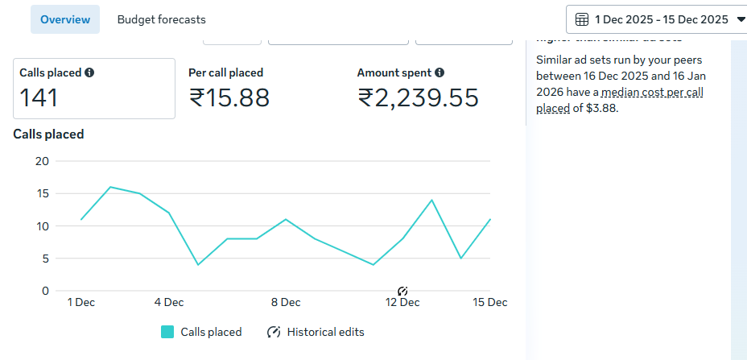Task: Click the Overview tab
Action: pos(65,19)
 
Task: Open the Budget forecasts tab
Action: pos(161,19)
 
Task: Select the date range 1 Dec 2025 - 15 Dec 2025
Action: pos(661,19)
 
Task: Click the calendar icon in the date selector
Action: pos(582,19)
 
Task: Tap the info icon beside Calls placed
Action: pos(89,72)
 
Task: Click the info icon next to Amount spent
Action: pos(440,72)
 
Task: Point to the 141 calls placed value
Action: pos(39,97)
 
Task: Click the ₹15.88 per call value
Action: pos(229,97)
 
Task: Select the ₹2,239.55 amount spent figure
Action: pos(418,97)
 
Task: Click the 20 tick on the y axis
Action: pos(43,161)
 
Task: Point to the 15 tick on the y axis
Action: pos(43,193)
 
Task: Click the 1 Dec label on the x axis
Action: pos(80,302)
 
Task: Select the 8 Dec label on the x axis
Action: pos(286,302)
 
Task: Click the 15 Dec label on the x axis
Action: pos(489,302)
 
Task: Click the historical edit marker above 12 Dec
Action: pos(402,290)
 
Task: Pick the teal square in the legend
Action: pos(167,332)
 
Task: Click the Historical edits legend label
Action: pos(325,332)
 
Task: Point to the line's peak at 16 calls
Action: pos(110,187)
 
